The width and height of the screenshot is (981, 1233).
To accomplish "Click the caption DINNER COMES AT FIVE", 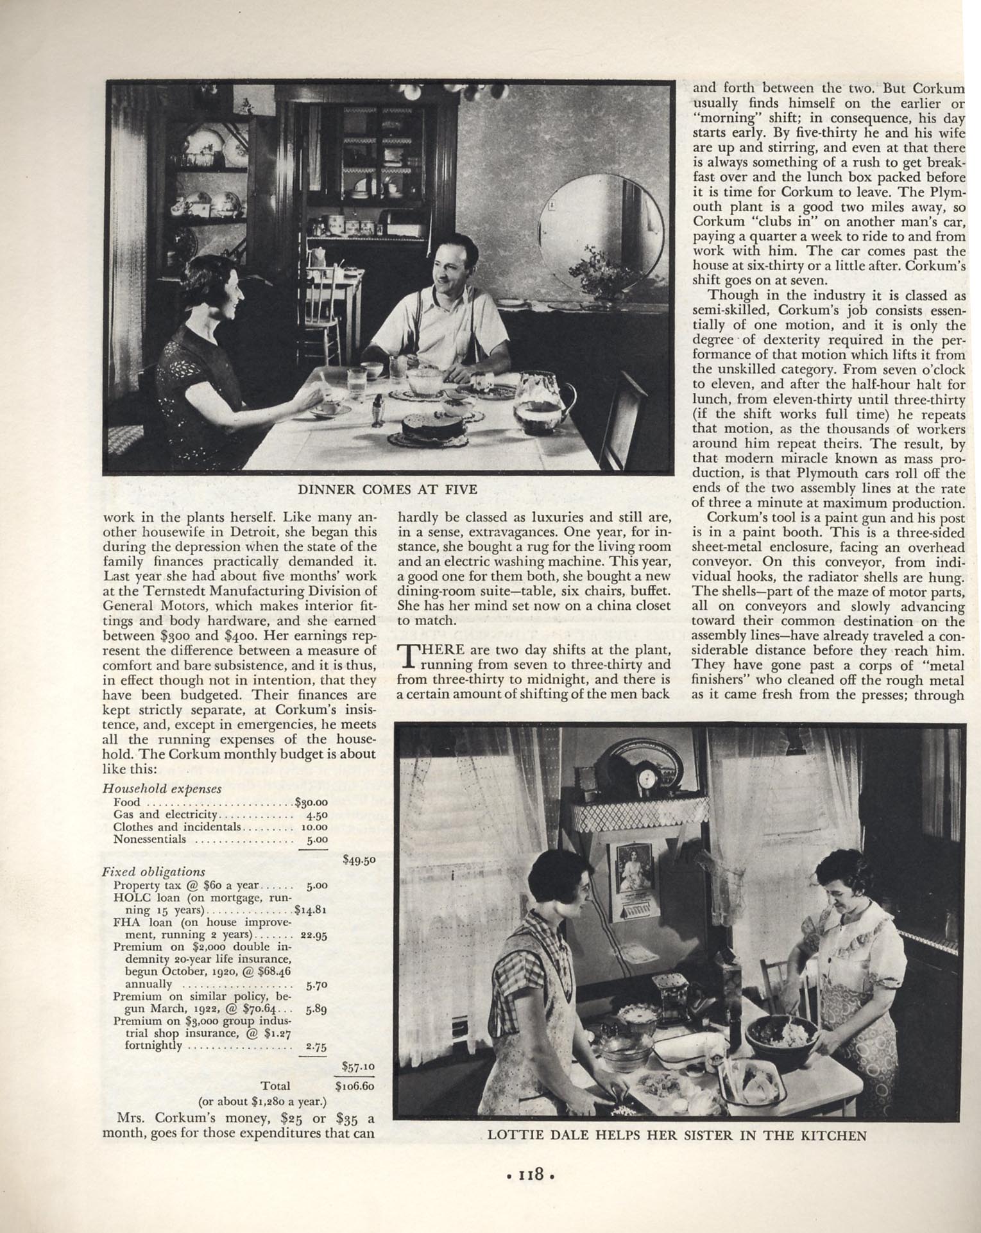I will (x=388, y=490).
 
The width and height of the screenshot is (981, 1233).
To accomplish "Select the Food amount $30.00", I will (x=311, y=802).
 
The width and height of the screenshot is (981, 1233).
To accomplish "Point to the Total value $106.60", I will (x=355, y=1086).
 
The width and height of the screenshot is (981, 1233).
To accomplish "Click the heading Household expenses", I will (x=162, y=789).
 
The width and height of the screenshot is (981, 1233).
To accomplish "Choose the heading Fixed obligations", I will (x=153, y=872).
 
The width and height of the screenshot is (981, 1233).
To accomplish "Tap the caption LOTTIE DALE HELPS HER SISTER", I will (x=677, y=1135).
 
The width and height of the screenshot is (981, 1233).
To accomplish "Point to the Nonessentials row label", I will (x=149, y=839).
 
